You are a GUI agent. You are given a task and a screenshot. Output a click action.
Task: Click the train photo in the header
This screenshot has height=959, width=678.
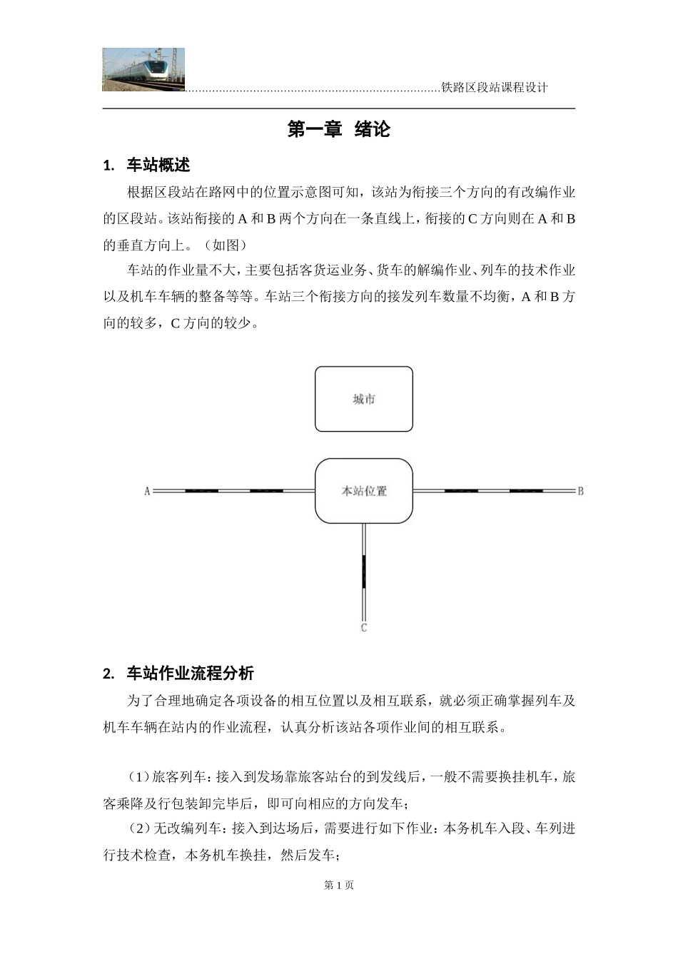[x=143, y=69]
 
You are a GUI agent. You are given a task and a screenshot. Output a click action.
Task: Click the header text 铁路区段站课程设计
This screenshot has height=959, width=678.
[x=495, y=88]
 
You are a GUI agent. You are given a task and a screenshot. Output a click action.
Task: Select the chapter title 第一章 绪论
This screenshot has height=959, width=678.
[x=339, y=130]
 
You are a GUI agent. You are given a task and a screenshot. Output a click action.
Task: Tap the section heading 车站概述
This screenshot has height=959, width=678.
[x=158, y=166]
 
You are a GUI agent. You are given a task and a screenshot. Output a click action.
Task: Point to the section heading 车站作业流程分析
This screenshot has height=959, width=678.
[x=190, y=674]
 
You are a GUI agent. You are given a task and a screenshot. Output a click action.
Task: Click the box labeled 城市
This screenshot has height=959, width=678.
[x=364, y=399]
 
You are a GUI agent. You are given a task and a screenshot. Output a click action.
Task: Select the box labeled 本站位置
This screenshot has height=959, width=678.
[x=364, y=491]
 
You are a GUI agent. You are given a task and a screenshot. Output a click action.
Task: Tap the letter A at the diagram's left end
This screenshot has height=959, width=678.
[x=147, y=491]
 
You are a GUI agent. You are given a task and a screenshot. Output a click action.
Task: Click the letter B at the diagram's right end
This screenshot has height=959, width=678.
[x=581, y=491]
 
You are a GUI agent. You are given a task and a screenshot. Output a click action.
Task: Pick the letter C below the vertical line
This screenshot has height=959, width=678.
[x=364, y=628]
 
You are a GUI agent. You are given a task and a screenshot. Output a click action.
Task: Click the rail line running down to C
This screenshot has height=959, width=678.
[x=364, y=571]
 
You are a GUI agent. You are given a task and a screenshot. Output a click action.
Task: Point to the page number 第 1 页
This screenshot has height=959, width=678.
[x=339, y=886]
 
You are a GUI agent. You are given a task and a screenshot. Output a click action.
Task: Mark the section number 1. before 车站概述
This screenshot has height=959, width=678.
[x=109, y=166]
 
